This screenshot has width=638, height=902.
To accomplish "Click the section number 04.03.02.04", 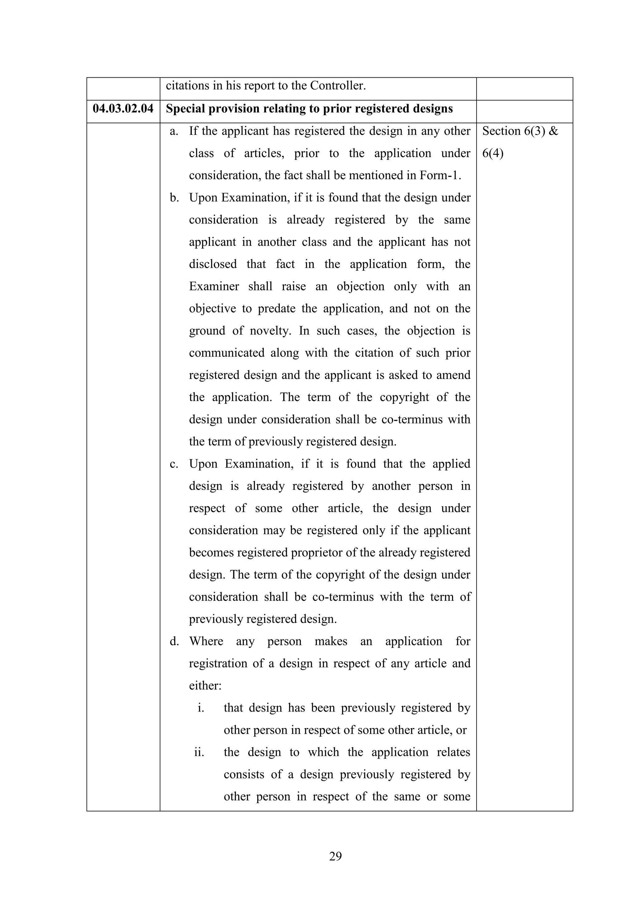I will tap(123, 109).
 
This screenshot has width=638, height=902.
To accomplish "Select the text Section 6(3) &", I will tap(520, 131).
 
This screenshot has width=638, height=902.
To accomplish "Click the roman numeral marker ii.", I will tap(199, 752).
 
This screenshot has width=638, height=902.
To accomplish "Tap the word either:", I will tap(205, 685).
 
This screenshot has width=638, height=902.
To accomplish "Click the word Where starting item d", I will tap(206, 642).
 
